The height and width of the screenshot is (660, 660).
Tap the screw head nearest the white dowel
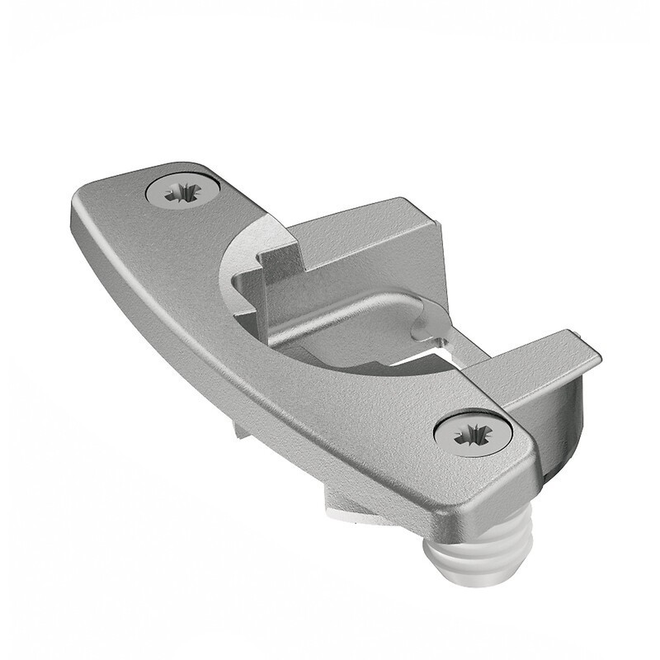(473, 431)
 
